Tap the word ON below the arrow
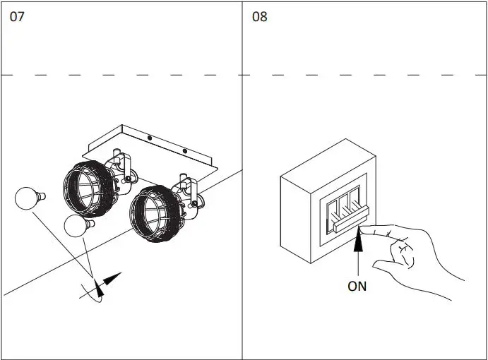(x=357, y=286)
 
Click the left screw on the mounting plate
(x=150, y=138)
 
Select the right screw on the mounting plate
(x=185, y=151)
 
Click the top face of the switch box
(x=326, y=164)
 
